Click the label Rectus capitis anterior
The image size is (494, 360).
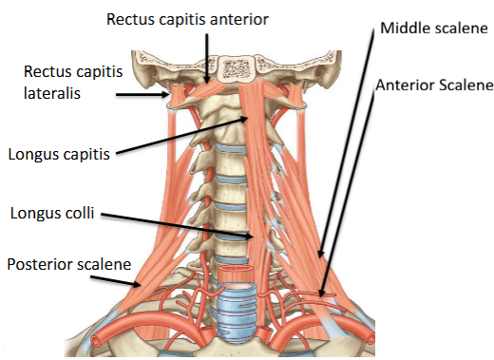187,18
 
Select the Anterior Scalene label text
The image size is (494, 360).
434,85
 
